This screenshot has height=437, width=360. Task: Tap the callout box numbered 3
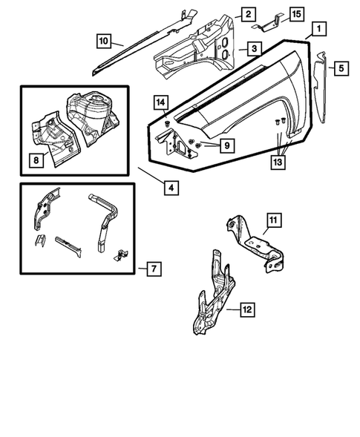253,48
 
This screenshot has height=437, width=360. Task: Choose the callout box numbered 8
35,158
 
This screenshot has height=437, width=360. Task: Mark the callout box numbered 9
227,145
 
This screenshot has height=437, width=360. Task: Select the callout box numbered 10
103,39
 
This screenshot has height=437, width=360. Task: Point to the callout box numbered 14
160,102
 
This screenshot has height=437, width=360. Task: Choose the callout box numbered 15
295,14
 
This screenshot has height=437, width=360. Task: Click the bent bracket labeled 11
256,245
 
